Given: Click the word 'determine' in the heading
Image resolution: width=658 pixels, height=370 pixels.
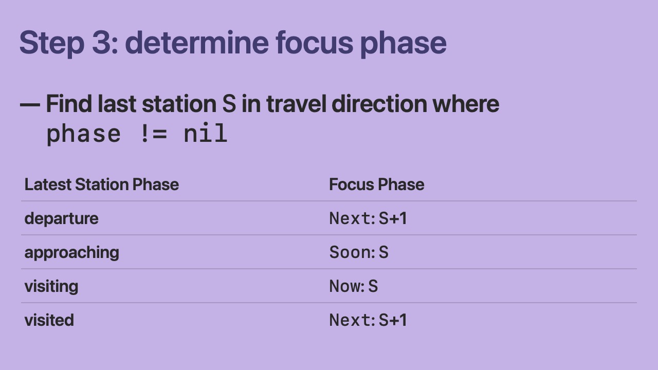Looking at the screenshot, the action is click(x=197, y=42).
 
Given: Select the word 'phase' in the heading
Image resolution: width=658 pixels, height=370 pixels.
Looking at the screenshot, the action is click(x=404, y=45).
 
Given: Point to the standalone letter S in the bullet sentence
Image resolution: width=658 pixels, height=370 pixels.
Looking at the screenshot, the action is click(x=229, y=104).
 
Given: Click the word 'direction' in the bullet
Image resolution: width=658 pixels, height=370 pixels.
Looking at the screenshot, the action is click(x=379, y=104).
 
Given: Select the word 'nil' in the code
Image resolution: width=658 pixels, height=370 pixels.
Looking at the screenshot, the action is click(x=206, y=133).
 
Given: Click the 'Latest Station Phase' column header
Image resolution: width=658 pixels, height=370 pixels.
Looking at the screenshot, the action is click(x=102, y=184).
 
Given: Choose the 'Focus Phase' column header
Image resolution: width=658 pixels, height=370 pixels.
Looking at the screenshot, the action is click(x=377, y=184).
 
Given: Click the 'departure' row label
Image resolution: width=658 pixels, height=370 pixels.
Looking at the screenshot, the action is click(x=61, y=218).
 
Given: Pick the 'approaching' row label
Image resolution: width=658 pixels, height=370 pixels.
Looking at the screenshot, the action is click(x=71, y=252).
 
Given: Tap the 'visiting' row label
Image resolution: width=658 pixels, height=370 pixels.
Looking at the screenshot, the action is click(x=51, y=286).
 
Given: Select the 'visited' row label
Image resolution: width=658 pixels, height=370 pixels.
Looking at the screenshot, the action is click(x=49, y=320).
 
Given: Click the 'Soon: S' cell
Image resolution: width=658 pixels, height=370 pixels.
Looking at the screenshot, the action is click(x=359, y=252).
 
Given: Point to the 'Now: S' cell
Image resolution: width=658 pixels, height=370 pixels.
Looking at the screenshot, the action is click(x=353, y=286).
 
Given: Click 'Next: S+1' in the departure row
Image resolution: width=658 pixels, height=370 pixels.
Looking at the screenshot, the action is click(x=368, y=218).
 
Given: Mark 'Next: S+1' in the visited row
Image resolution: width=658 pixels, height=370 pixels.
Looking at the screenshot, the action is click(x=368, y=320).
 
